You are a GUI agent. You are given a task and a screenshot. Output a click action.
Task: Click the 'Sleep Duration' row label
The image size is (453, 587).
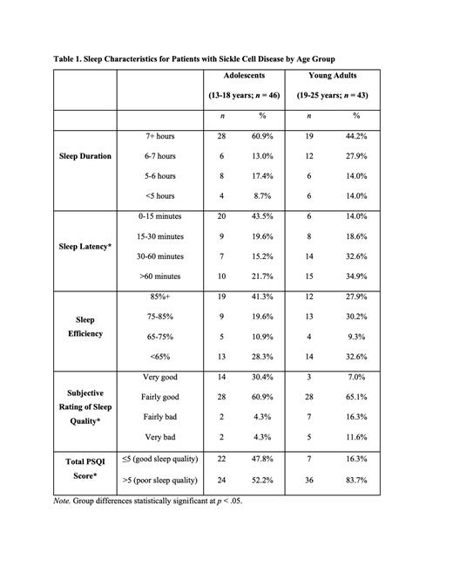pos(85,156)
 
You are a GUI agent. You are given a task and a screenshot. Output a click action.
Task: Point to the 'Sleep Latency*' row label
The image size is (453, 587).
pos(85,246)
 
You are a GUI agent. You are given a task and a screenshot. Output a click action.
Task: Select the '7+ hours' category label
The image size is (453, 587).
pos(160,136)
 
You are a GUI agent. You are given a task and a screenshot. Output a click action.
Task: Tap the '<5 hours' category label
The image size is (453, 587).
pos(160,195)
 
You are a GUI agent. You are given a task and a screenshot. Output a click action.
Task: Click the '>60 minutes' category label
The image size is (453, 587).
pos(160,276)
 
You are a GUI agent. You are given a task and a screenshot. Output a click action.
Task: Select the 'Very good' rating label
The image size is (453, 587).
pos(160,376)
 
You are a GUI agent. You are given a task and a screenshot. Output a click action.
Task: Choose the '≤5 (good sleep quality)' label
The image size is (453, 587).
pos(160,458)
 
